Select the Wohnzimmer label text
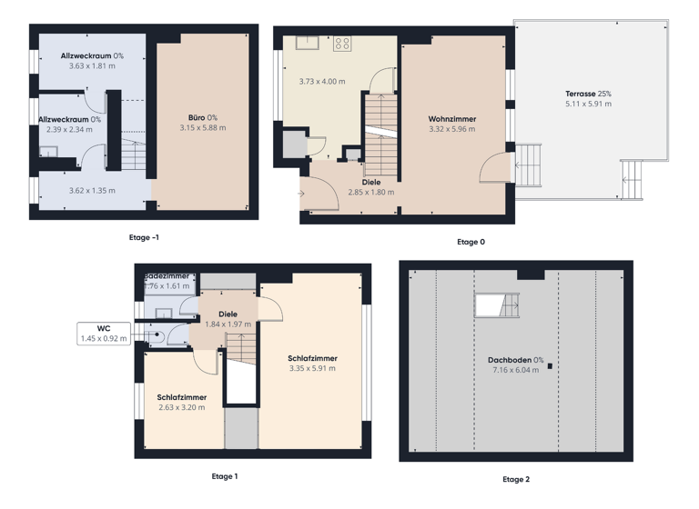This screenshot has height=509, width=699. [x=452, y=119]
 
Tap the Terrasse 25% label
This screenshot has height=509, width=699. [x=588, y=94]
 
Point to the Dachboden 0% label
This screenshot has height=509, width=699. [x=514, y=360]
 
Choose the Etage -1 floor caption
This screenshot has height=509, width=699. [x=144, y=237]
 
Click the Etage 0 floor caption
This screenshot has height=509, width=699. [x=471, y=242]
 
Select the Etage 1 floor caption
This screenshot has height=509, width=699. [x=224, y=476]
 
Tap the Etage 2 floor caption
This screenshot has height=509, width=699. [x=515, y=479]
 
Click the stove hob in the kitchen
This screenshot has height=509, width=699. [x=343, y=43]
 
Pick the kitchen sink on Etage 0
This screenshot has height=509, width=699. [x=304, y=41]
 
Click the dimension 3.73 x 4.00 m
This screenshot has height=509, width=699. [x=322, y=82]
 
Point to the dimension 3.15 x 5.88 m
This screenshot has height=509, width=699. [x=202, y=128]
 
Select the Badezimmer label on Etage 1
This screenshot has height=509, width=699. [x=167, y=274]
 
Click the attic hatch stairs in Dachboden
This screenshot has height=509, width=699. [x=497, y=305]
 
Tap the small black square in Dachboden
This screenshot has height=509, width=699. [x=549, y=366]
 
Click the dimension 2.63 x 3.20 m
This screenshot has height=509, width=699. [x=182, y=408]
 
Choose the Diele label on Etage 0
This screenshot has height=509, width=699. [x=370, y=182]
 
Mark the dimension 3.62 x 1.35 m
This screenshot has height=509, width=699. [x=93, y=191]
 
